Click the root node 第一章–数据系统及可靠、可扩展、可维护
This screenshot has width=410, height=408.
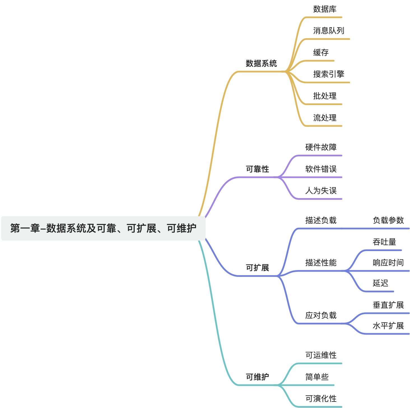[x=103, y=228]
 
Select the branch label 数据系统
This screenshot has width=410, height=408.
[x=261, y=63]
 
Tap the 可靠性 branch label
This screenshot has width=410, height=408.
[x=257, y=169]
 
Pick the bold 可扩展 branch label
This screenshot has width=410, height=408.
[x=257, y=268]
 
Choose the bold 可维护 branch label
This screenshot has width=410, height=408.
[x=257, y=377]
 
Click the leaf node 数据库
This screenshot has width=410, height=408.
[x=325, y=9]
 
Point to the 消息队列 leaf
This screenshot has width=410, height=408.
[x=329, y=31]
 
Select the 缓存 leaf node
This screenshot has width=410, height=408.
[x=321, y=52]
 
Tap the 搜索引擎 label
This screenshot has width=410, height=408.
[x=329, y=74]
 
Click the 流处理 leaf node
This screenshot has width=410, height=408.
[x=325, y=118]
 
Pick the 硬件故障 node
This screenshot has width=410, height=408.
[x=321, y=147]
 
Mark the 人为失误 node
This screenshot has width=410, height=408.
[x=321, y=191]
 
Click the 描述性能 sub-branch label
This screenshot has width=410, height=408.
[x=321, y=263]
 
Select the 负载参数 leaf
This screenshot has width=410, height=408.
[x=388, y=220]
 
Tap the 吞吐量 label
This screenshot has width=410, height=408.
[x=384, y=242]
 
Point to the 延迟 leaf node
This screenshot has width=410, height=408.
[x=380, y=283]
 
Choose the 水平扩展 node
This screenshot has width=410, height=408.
[x=388, y=326]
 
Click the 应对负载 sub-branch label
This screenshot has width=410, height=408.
[x=321, y=315]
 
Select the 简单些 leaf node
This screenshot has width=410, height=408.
[x=317, y=377]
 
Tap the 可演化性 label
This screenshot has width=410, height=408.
[x=321, y=398]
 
